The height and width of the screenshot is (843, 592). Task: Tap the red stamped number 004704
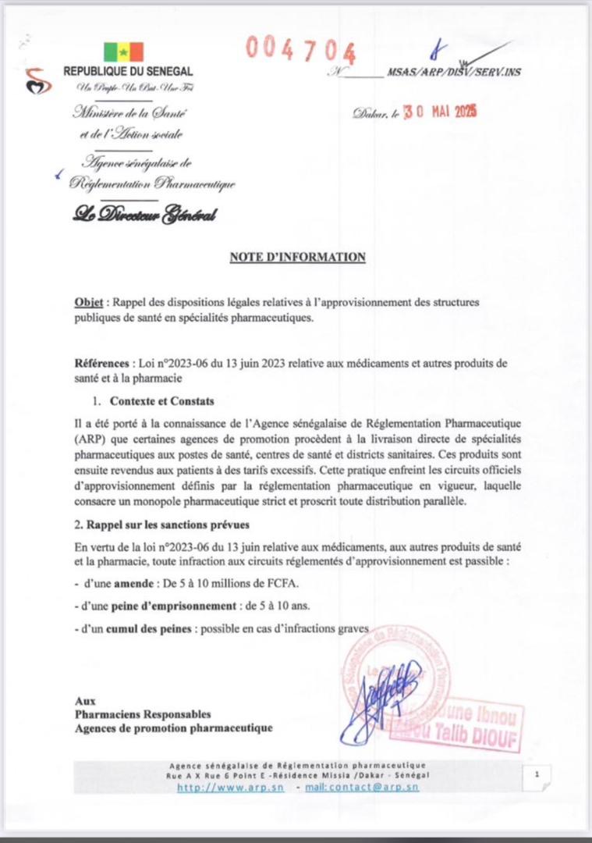(x=300, y=49)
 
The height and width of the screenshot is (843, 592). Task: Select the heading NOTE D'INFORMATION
(x=297, y=257)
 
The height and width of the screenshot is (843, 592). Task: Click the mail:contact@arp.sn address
(x=361, y=788)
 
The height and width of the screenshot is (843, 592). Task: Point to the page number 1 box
(x=537, y=774)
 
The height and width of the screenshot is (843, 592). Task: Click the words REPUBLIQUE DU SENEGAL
(x=129, y=72)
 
